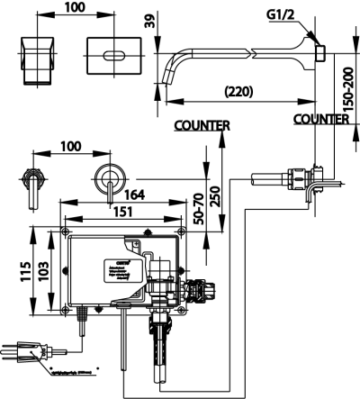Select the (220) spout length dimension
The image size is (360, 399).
coord(238,91)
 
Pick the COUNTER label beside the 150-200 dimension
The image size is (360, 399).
coord(321,118)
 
